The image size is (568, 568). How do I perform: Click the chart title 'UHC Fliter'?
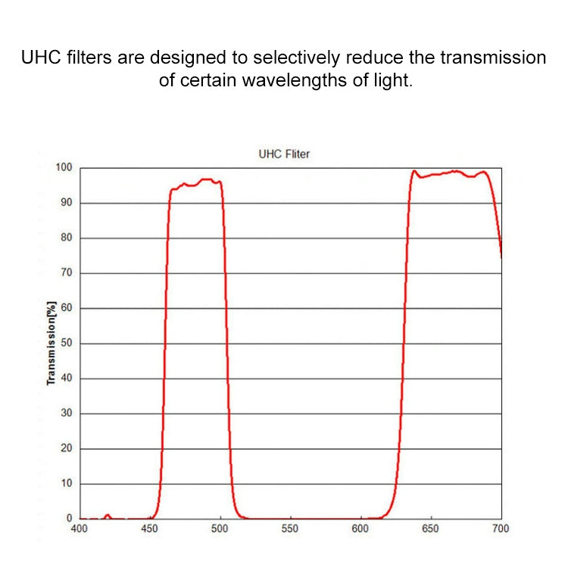coord(284,154)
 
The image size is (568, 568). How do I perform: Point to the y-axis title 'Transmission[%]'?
coord(51,342)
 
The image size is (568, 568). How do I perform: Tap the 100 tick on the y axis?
coord(64,167)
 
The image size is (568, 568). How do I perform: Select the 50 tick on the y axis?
coord(67,343)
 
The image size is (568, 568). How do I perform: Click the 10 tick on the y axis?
coord(67,483)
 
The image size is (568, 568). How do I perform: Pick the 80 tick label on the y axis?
coord(67,238)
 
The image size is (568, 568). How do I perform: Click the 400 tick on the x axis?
coord(80,530)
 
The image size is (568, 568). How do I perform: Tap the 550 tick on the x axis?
coord(290,530)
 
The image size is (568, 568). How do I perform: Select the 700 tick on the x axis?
coord(500,530)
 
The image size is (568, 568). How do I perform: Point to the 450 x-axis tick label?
coord(150,530)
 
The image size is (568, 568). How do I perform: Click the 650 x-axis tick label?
coord(430,530)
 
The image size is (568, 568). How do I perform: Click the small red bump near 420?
coord(108,515)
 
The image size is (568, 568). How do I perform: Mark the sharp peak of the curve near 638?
coord(414,170)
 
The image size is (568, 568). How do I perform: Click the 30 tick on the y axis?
coord(67,414)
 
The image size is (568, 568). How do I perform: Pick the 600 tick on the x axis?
coord(360,530)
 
